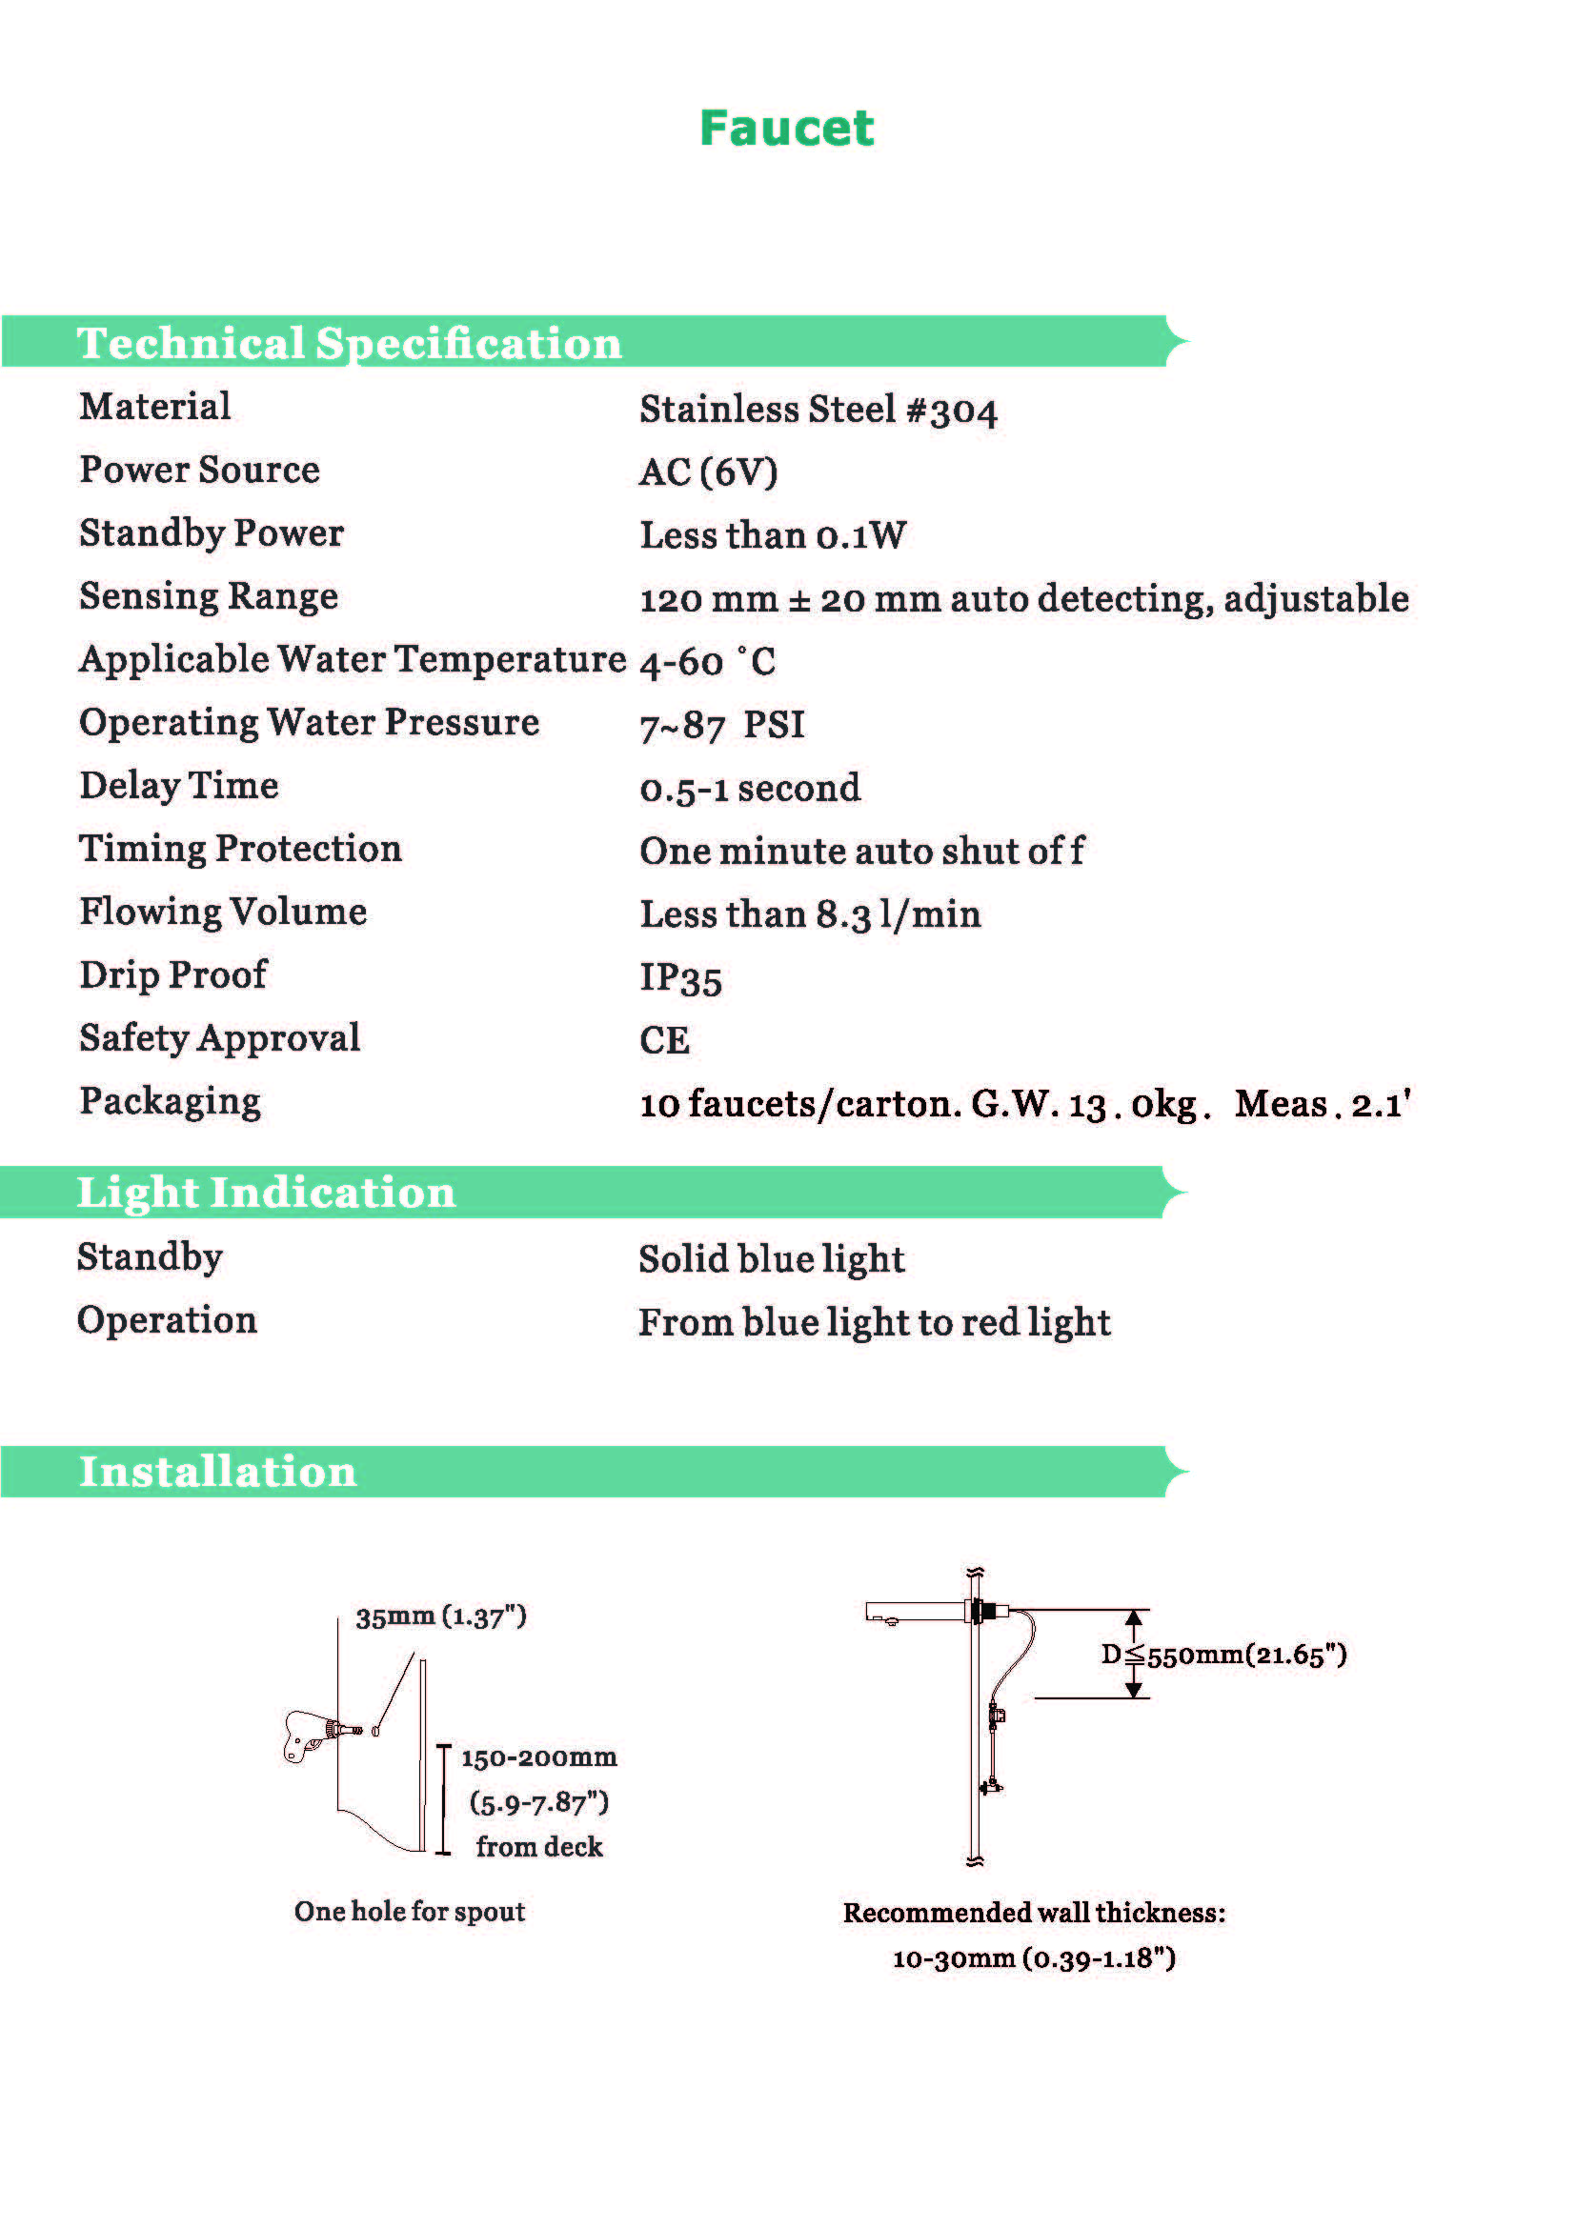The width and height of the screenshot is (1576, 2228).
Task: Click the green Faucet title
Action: [786, 128]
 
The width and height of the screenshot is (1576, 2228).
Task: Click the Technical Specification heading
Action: [350, 344]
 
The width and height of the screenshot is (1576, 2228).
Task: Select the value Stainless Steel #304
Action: [818, 410]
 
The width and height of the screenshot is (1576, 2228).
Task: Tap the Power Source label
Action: [200, 470]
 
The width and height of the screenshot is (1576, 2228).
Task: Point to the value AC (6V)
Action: [708, 472]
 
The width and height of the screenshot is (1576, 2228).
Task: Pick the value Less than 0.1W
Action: [774, 535]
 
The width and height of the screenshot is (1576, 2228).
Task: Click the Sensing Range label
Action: [209, 595]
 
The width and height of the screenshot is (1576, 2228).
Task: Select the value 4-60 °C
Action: [707, 662]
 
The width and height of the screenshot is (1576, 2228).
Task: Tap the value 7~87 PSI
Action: [722, 725]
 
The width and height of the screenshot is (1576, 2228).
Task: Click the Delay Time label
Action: [179, 785]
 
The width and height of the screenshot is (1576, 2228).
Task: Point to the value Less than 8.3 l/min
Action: [810, 914]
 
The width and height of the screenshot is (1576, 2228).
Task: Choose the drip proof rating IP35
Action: [680, 978]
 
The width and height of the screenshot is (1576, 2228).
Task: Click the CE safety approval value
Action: [665, 1040]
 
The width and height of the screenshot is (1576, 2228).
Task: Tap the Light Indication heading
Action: [266, 1193]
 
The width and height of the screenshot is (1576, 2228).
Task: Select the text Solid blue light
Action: [772, 1259]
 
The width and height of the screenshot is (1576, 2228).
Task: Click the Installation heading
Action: [217, 1472]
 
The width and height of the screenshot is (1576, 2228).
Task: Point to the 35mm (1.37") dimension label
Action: [440, 1616]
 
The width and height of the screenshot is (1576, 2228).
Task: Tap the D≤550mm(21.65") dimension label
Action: [1223, 1655]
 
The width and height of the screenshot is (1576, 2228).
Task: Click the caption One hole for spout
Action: [410, 1911]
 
